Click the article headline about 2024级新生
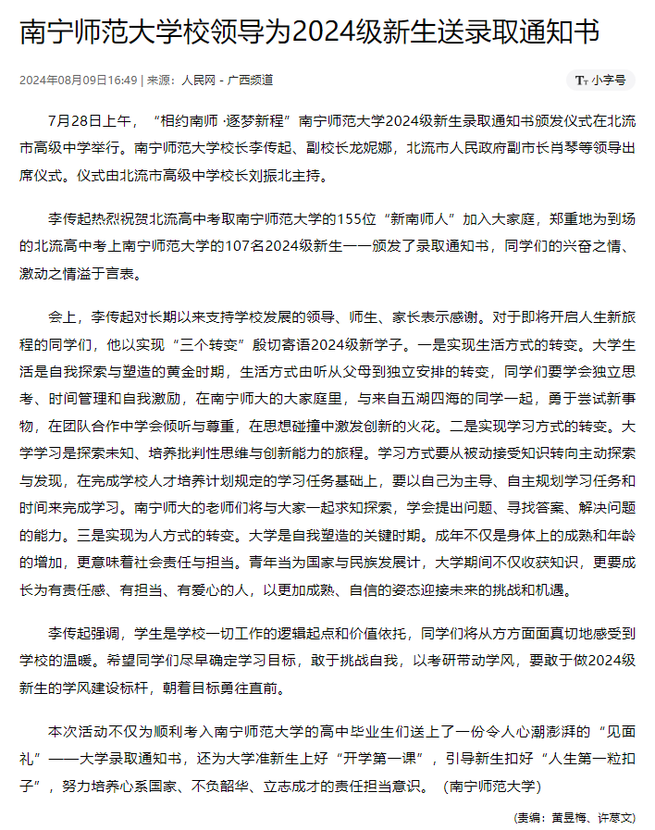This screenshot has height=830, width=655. [309, 33]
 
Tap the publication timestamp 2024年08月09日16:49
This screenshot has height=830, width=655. [79, 81]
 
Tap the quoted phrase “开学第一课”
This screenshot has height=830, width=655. [388, 760]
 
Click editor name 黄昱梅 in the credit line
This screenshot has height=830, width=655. [562, 817]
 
